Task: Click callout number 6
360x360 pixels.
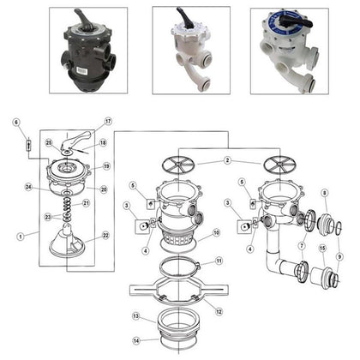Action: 16,123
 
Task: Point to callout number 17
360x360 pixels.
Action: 108,122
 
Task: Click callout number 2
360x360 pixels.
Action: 228,161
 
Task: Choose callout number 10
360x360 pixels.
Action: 217,232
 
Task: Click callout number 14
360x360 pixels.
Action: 136,340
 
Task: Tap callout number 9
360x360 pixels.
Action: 341,257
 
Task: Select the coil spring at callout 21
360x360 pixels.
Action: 67,207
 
